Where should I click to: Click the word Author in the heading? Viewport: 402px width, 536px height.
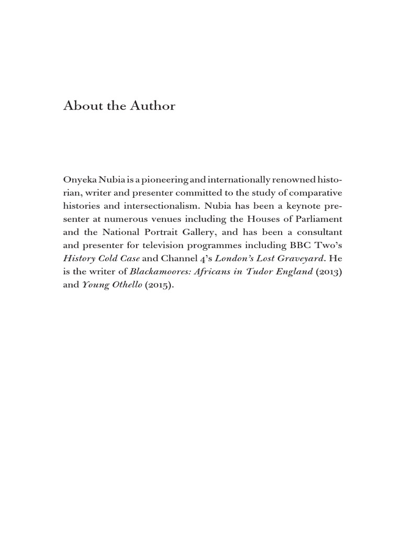point(154,106)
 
